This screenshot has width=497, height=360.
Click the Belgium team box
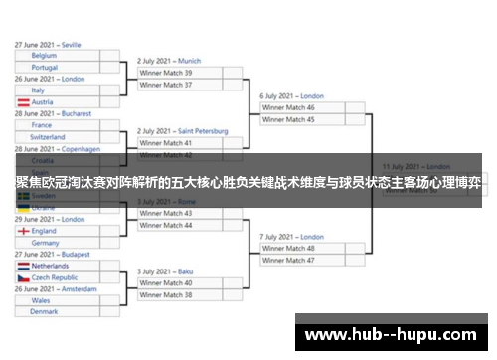[x=60, y=56]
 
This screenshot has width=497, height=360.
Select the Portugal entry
[x=60, y=67]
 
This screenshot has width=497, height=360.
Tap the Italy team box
[x=60, y=90]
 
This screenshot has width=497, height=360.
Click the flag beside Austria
[x=22, y=102]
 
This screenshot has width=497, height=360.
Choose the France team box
[x=60, y=125]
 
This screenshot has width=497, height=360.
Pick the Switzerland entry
[x=60, y=137]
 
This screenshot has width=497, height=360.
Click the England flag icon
[x=22, y=231]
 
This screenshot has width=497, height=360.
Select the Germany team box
[x=60, y=243]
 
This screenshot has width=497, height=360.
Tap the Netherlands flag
[x=22, y=267]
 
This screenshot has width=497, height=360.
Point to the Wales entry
[x=60, y=300]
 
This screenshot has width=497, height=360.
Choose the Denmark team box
[x=60, y=312]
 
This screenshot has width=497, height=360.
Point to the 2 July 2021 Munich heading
[x=169, y=61]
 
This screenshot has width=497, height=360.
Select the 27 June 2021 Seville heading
[x=48, y=45]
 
